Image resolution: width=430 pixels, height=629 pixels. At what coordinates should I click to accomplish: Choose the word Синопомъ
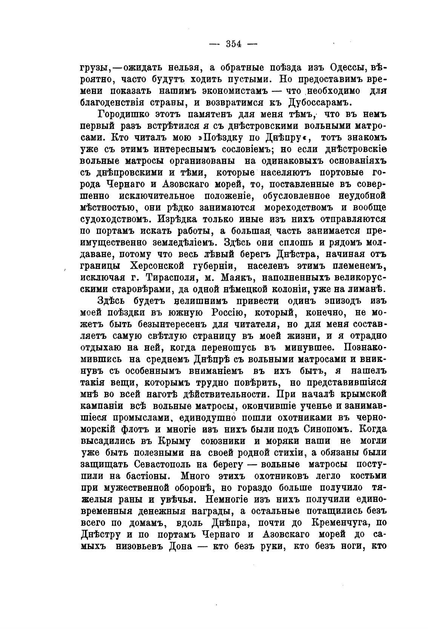point(327,430)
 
